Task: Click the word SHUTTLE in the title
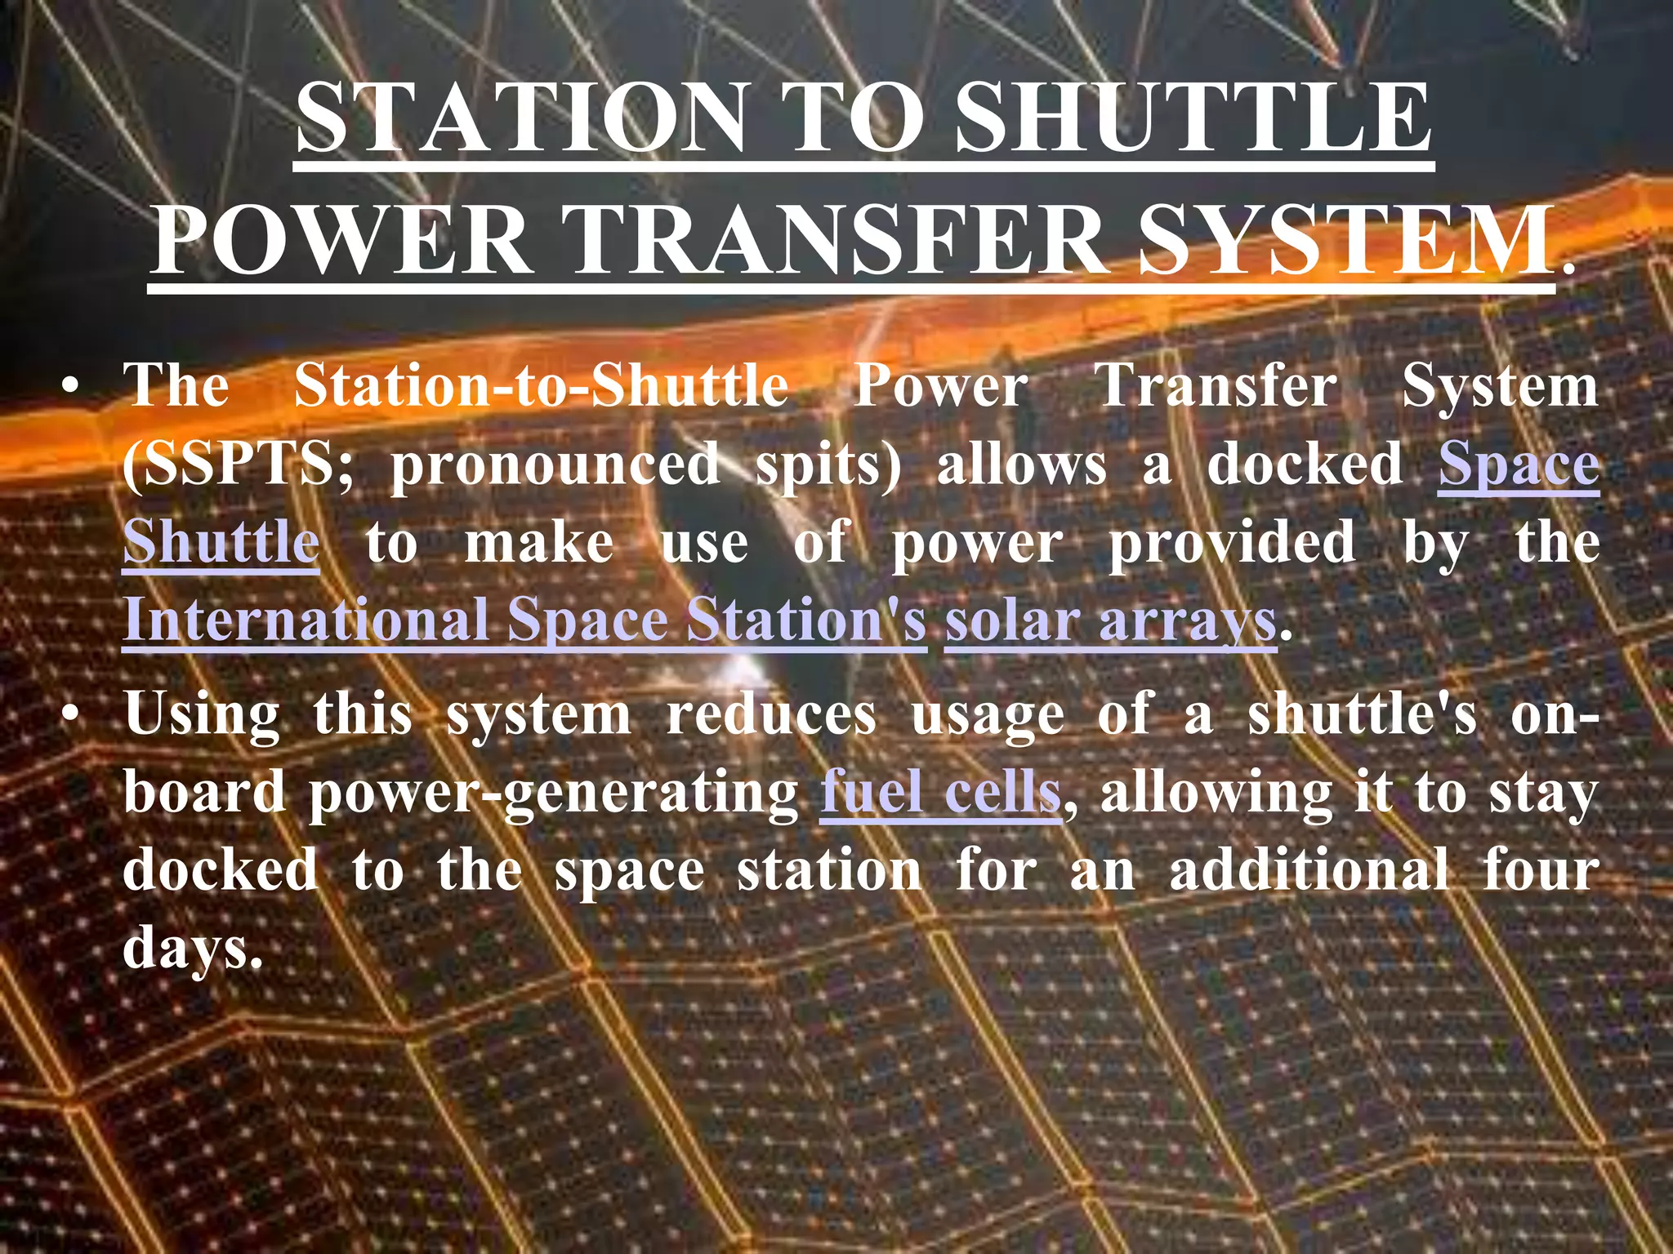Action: tap(1193, 118)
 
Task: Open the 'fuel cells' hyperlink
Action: tap(940, 792)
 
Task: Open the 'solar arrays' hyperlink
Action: tap(1110, 620)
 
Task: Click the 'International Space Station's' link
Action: tap(524, 620)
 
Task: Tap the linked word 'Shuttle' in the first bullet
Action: tap(221, 542)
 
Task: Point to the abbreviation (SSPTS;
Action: tap(238, 465)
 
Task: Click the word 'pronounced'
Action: tap(555, 465)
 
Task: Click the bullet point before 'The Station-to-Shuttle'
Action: tap(72, 385)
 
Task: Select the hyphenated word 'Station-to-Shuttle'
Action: tap(541, 385)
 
